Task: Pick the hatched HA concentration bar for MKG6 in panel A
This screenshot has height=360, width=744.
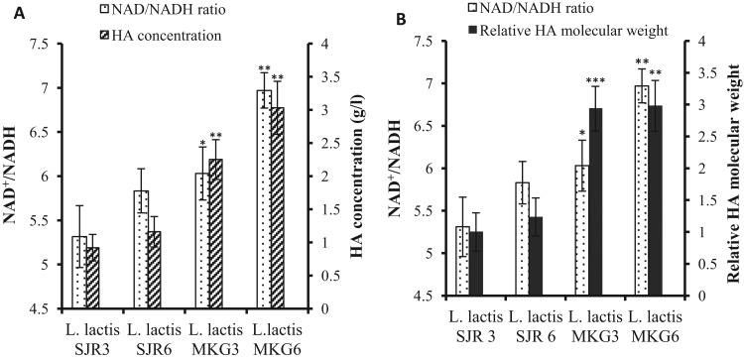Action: (277, 208)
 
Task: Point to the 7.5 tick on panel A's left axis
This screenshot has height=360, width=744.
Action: (39, 45)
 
